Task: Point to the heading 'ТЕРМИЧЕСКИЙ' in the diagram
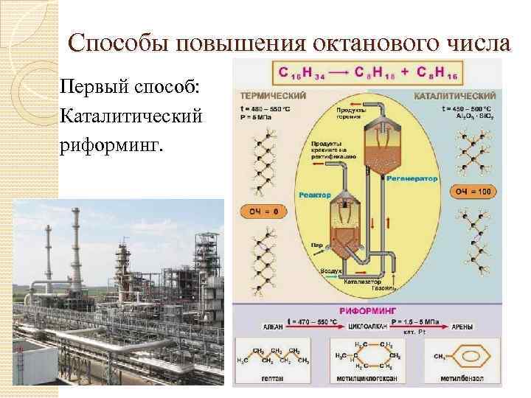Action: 272,95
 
